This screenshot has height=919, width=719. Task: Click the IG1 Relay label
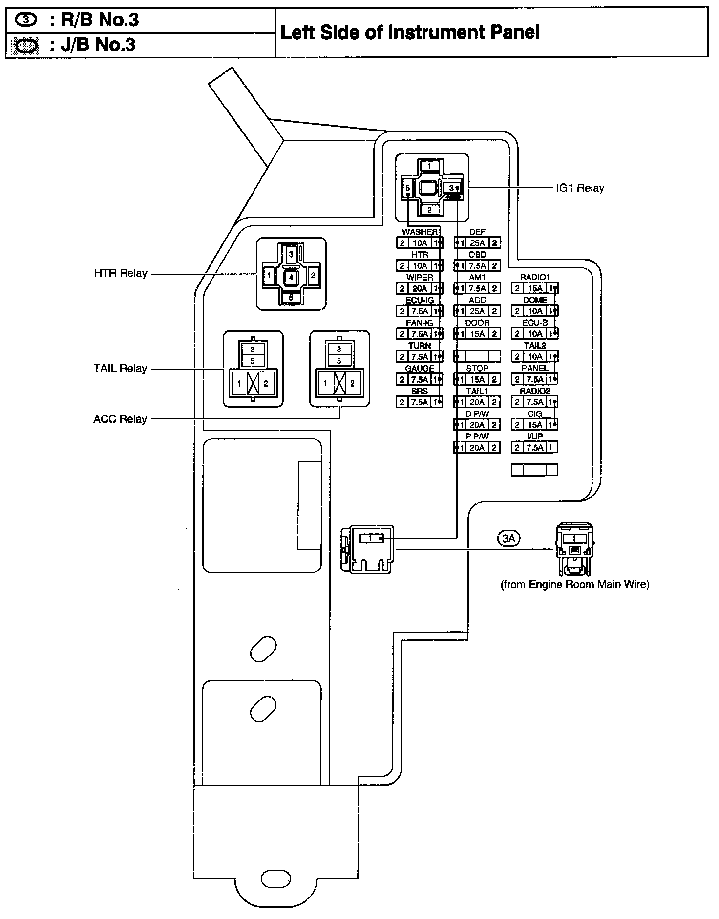pyautogui.click(x=580, y=188)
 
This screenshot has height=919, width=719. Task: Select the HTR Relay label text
pyautogui.click(x=120, y=273)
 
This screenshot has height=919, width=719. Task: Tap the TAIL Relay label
pyautogui.click(x=120, y=368)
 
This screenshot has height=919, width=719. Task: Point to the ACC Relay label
pyautogui.click(x=120, y=419)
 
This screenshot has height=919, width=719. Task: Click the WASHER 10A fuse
pyautogui.click(x=420, y=242)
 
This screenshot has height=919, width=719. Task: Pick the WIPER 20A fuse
pyautogui.click(x=420, y=288)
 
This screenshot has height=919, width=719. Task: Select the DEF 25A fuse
pyautogui.click(x=477, y=242)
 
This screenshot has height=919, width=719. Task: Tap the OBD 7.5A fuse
pyautogui.click(x=477, y=265)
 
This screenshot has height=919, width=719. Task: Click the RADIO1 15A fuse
pyautogui.click(x=535, y=288)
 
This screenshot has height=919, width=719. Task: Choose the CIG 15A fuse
pyautogui.click(x=535, y=424)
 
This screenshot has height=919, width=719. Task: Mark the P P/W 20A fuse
pyautogui.click(x=477, y=447)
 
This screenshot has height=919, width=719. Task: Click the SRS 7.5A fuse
pyautogui.click(x=420, y=402)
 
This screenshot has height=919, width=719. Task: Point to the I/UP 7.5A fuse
pyautogui.click(x=535, y=447)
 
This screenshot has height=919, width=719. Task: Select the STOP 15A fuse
pyautogui.click(x=477, y=379)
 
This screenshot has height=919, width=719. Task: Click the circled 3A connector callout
pyautogui.click(x=508, y=538)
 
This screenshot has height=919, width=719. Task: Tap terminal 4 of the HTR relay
pyautogui.click(x=291, y=278)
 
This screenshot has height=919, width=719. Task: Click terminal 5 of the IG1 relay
pyautogui.click(x=407, y=188)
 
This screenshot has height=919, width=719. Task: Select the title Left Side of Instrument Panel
pyautogui.click(x=410, y=32)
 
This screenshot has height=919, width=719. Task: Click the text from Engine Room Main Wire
pyautogui.click(x=575, y=584)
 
